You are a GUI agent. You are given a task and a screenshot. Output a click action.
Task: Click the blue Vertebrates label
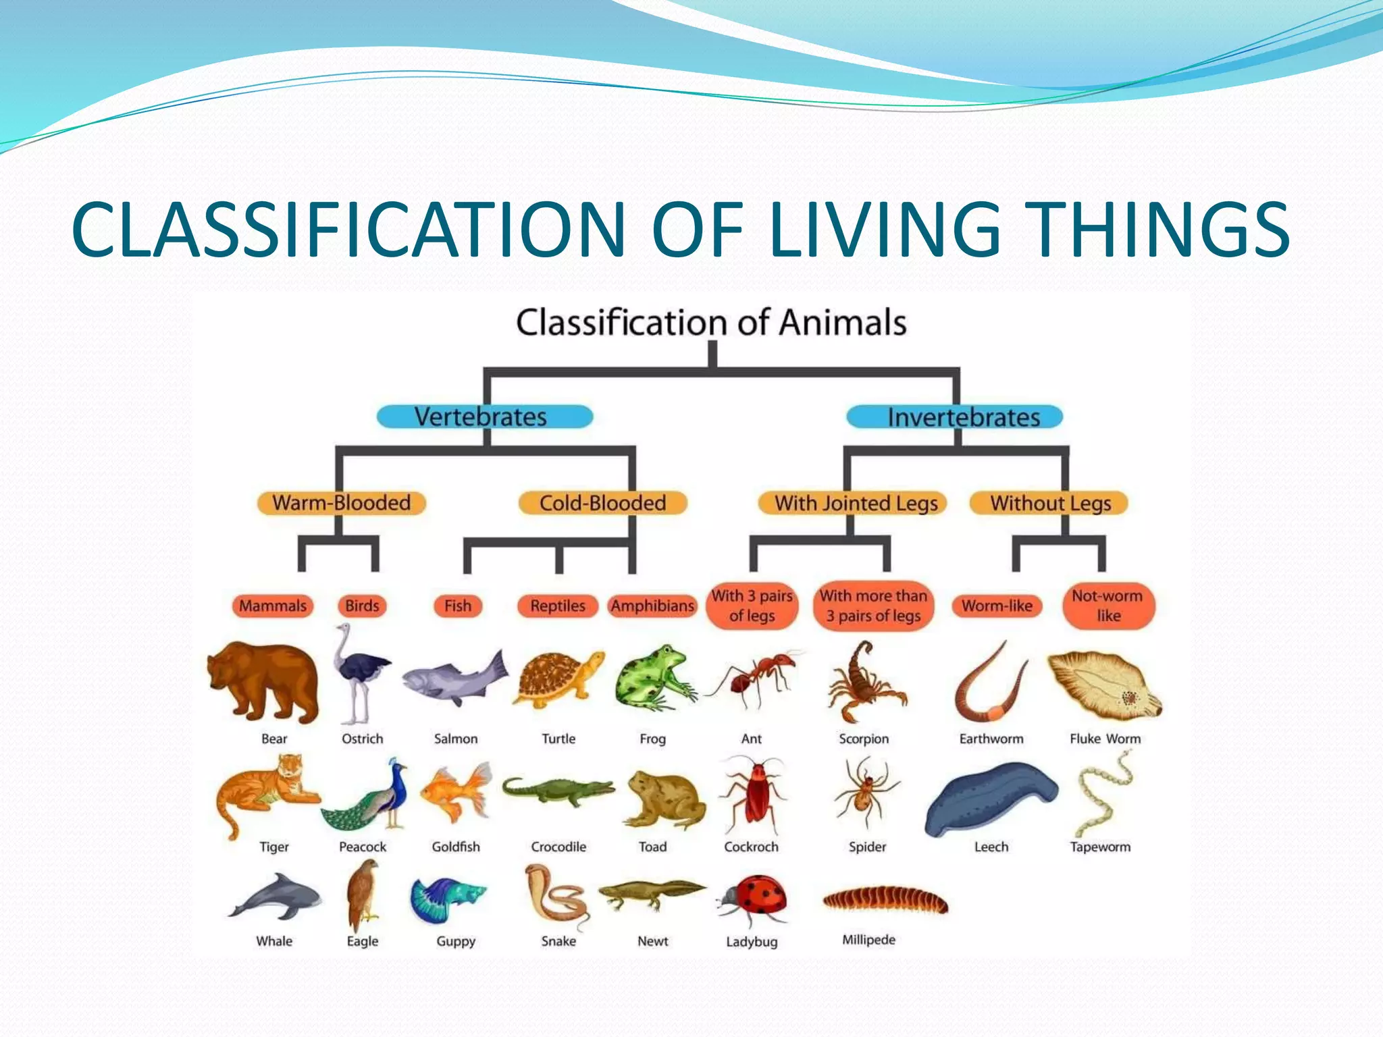click(x=484, y=417)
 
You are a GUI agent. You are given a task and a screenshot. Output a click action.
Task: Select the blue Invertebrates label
click(x=954, y=417)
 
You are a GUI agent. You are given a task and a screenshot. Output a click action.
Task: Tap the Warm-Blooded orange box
click(x=341, y=503)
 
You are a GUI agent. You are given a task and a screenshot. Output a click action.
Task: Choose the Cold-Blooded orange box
click(x=602, y=503)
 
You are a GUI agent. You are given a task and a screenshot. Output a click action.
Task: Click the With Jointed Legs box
click(x=852, y=503)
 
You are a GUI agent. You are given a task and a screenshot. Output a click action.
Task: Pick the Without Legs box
click(x=1049, y=503)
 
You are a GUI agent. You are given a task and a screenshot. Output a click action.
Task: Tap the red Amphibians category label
click(x=652, y=606)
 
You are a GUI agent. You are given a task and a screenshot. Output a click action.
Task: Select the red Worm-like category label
click(x=997, y=606)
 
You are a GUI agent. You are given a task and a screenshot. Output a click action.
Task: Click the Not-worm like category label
click(x=1107, y=606)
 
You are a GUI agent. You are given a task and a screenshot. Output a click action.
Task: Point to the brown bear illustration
click(x=263, y=682)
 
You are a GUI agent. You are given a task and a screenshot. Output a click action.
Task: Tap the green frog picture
click(x=654, y=679)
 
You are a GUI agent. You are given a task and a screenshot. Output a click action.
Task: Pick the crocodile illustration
click(x=558, y=791)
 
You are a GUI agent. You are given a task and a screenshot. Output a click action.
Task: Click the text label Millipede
click(x=868, y=940)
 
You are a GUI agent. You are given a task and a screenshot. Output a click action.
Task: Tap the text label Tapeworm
click(x=1100, y=847)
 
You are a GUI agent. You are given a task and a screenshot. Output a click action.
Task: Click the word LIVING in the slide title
click(x=885, y=230)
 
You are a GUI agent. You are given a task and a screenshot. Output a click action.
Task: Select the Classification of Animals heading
click(x=710, y=322)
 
